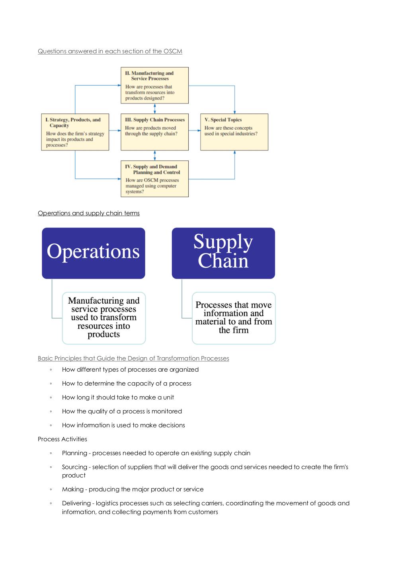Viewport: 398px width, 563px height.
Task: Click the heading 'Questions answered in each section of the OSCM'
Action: tap(110, 51)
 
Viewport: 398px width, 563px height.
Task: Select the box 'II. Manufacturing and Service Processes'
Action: tap(155, 86)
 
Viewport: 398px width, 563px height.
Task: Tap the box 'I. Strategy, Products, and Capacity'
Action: tap(75, 132)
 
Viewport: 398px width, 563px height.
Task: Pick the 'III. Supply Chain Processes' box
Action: tap(155, 132)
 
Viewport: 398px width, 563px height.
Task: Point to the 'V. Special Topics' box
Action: tap(234, 132)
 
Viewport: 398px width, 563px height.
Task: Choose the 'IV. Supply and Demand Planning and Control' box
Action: tap(155, 179)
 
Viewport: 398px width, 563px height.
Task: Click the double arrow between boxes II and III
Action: tap(155, 109)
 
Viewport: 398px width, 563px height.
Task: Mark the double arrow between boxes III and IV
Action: tap(155, 156)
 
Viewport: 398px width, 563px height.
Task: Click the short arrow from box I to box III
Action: tap(115, 131)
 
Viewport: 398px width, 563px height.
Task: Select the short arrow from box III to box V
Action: tap(195, 131)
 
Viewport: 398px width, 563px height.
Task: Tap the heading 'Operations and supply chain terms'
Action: tap(89, 213)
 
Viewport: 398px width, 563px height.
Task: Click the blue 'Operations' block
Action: tap(94, 253)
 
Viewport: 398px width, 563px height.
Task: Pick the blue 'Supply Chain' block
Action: tap(223, 253)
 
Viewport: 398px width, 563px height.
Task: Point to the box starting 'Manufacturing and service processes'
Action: tap(104, 318)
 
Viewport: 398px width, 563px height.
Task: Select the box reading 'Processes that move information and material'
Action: tap(234, 318)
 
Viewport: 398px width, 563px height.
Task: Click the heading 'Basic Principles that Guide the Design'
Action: tap(133, 358)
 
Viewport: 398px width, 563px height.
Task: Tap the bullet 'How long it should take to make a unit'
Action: tap(118, 397)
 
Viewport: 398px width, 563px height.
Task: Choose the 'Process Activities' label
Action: tap(62, 439)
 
